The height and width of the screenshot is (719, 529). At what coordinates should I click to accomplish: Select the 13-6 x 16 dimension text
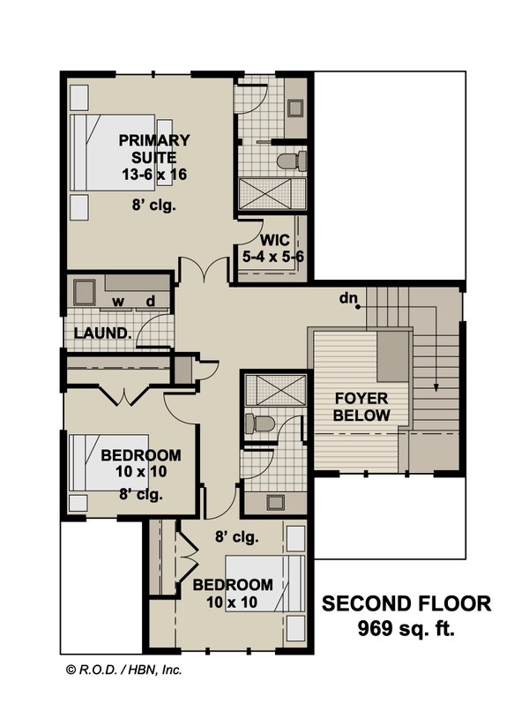tap(154, 175)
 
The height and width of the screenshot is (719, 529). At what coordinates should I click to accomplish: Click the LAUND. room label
tap(102, 334)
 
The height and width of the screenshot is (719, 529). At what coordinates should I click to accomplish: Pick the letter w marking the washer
tap(117, 302)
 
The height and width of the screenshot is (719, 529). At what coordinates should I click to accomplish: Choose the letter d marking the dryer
tap(151, 302)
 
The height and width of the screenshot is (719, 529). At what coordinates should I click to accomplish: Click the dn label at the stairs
tap(347, 298)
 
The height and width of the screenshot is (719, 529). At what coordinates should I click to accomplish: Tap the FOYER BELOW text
tap(361, 406)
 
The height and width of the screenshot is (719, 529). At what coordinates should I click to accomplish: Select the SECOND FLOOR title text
tap(406, 604)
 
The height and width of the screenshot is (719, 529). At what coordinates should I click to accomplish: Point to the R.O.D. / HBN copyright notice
tap(123, 670)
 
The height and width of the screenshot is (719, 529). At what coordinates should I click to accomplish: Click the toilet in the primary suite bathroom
tap(292, 161)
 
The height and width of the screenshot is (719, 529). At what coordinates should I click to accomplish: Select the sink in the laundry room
tap(85, 292)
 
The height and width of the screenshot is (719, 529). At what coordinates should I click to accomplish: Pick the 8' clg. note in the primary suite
tap(154, 207)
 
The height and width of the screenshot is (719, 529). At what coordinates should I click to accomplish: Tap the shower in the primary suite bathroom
tap(272, 193)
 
